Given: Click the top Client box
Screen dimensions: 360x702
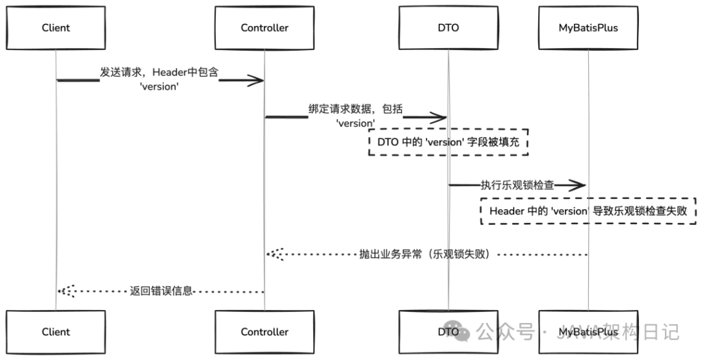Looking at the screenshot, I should click(x=56, y=28).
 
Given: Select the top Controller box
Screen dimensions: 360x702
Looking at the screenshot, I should click(x=265, y=28).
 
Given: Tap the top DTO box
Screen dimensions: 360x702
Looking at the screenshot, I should click(x=448, y=28).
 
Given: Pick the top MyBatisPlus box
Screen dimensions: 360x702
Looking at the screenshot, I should click(x=588, y=28).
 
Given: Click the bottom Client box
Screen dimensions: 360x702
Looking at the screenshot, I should click(x=56, y=332).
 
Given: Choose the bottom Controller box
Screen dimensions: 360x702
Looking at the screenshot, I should click(x=265, y=332).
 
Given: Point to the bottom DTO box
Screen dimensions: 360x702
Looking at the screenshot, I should click(x=448, y=332).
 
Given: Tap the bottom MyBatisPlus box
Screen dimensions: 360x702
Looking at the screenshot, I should click(x=588, y=332).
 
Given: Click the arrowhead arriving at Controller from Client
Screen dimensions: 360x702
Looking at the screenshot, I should click(x=258, y=81).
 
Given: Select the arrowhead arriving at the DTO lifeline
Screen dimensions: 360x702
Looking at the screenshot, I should click(x=441, y=117).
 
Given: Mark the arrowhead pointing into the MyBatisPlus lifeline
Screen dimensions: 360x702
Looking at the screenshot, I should click(x=580, y=185).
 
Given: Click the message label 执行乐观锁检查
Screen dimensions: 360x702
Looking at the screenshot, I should click(x=518, y=185).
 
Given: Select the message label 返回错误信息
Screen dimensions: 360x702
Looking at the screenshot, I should click(x=161, y=291).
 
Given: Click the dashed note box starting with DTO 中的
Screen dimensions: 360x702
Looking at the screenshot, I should click(x=448, y=142).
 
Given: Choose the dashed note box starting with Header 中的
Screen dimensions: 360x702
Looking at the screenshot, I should click(x=588, y=211).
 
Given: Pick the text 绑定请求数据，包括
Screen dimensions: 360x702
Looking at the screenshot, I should click(x=355, y=108).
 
